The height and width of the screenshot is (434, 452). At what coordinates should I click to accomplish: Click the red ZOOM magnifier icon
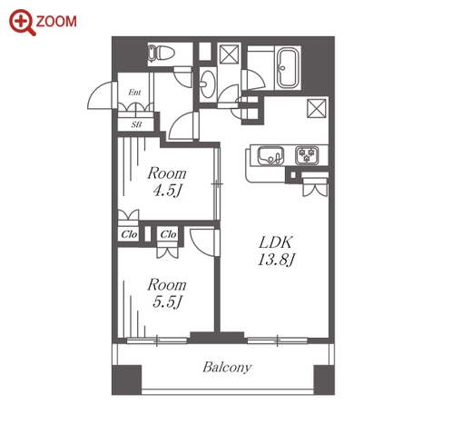23,23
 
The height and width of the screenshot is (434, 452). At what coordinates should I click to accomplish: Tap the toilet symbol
162,54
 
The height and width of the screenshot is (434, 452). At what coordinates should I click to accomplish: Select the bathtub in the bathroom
288,68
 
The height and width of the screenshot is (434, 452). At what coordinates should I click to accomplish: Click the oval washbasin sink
208,84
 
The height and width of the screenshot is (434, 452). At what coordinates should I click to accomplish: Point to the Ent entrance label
134,92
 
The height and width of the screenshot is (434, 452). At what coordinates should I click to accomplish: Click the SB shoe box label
136,124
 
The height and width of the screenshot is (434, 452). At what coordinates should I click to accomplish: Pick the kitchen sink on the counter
270,156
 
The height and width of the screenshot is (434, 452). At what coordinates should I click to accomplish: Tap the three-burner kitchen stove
307,155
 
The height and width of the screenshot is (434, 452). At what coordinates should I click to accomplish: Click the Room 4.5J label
167,182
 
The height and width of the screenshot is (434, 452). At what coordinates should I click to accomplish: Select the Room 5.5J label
167,293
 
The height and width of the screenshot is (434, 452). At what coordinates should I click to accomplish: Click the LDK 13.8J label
276,251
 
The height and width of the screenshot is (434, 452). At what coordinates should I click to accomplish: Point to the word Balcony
227,367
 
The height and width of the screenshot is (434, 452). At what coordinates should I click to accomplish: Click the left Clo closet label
129,234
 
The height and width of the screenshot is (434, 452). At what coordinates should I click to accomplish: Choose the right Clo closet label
168,234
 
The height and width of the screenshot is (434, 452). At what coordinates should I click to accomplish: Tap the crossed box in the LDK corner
317,108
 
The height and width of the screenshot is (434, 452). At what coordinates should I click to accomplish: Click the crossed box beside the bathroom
229,54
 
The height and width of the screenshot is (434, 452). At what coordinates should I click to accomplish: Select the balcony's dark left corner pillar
127,380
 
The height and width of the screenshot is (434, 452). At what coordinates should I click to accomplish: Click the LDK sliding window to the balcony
277,340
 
